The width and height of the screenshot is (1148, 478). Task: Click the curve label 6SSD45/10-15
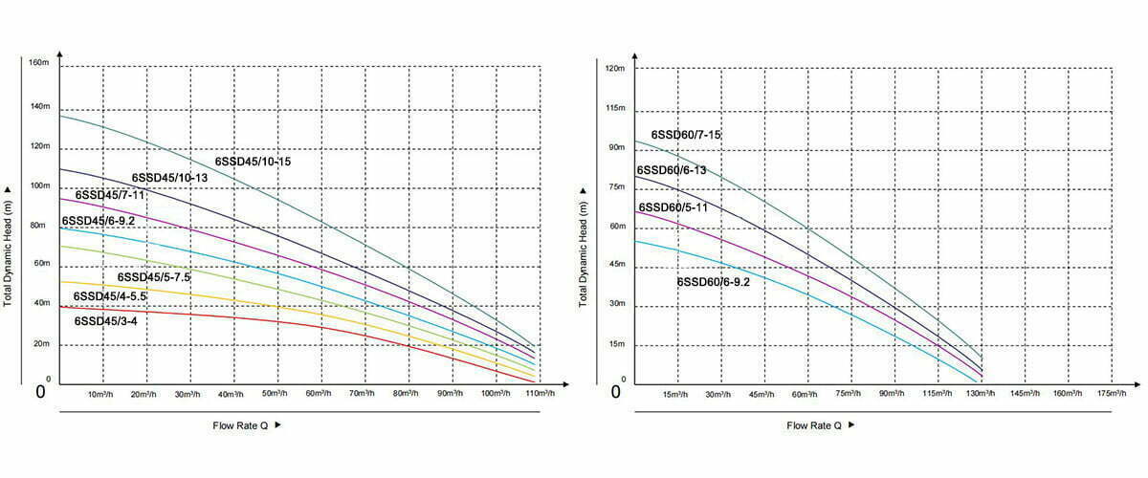click(x=253, y=162)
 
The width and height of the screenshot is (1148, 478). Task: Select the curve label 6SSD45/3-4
click(x=105, y=321)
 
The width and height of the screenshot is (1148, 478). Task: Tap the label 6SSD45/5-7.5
click(x=154, y=277)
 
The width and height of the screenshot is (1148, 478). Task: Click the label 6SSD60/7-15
click(x=686, y=135)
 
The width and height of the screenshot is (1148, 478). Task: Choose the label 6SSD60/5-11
click(x=673, y=207)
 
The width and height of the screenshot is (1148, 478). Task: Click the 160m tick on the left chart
click(x=39, y=63)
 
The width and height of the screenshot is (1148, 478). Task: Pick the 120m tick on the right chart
click(x=614, y=69)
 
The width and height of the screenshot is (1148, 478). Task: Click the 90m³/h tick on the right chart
click(x=892, y=394)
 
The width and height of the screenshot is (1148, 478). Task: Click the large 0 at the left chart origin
click(x=40, y=392)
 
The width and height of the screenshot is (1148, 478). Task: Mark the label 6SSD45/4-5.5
click(x=110, y=296)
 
